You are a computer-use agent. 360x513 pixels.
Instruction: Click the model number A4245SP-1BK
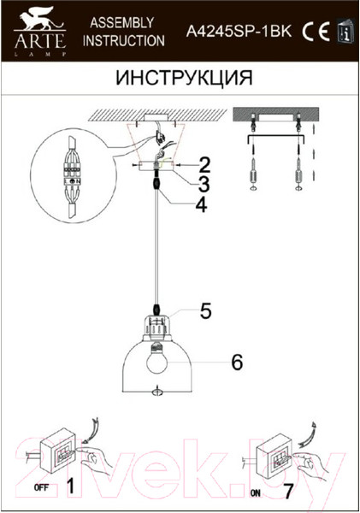239,32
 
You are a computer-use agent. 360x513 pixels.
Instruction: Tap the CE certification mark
316,32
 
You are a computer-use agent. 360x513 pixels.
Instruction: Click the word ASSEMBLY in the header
122,22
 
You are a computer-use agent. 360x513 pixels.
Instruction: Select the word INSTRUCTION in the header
124,40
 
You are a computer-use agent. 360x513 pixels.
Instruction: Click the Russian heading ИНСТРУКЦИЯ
184,78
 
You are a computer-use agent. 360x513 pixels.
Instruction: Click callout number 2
205,165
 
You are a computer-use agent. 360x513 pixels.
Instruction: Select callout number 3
204,184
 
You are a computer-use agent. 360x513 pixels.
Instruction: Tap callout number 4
201,205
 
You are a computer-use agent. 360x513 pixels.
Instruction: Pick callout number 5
206,310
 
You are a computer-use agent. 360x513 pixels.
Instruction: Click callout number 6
237,363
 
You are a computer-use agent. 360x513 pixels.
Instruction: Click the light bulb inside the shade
157,360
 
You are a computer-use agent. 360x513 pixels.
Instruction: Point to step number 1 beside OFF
70,486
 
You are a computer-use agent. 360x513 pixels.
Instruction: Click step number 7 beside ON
288,492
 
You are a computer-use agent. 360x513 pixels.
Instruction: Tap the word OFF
42,488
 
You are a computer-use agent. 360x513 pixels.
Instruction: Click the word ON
256,492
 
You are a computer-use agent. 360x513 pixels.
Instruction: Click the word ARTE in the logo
39,42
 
